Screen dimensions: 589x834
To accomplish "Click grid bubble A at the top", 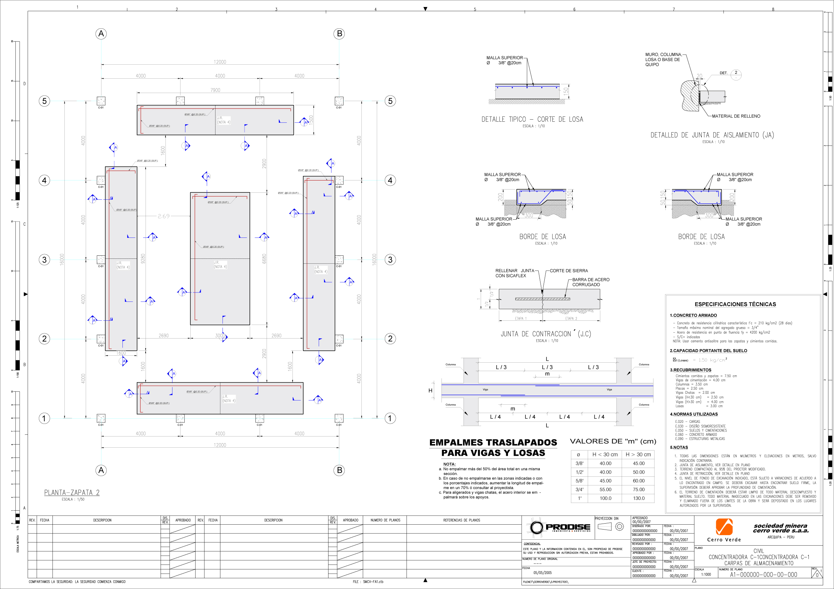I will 101,34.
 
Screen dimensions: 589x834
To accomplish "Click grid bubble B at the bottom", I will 339,470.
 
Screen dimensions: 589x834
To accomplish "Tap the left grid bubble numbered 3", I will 44,260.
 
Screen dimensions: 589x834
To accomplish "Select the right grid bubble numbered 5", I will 390,101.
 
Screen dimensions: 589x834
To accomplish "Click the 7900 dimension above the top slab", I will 215,90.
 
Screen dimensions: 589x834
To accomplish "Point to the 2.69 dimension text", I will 163,216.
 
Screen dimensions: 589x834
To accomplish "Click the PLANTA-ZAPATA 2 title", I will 72,492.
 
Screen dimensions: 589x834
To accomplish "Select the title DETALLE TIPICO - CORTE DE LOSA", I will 532,120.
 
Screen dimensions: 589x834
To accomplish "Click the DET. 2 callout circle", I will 736,74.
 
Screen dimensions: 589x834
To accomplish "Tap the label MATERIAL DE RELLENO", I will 736,116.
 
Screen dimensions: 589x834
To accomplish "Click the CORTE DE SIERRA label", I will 568,270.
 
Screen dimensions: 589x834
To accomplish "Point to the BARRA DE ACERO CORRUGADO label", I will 591,282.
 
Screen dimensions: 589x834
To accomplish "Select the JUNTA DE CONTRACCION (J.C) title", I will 546,334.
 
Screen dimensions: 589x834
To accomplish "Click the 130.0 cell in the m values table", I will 638,498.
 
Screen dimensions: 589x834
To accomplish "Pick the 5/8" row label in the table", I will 579,481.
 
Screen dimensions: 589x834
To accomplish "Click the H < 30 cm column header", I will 605,455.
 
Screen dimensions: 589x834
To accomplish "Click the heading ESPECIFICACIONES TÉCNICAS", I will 735,304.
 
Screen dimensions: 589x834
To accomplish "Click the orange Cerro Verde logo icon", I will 724,526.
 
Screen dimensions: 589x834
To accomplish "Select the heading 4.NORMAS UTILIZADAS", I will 694,414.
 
